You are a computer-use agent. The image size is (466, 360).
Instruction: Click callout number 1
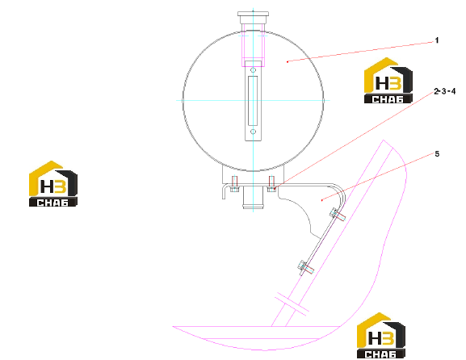point(437,40)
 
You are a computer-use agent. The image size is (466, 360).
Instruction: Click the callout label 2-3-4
point(445,91)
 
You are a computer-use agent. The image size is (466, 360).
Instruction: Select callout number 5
point(437,154)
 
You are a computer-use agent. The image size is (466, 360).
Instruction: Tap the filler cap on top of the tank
point(254,18)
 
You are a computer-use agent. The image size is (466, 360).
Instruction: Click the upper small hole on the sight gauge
point(254,70)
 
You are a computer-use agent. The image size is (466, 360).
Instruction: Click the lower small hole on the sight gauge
point(254,132)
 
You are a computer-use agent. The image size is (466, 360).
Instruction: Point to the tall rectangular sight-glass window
point(253,101)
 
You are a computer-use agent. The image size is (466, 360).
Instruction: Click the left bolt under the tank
point(234,184)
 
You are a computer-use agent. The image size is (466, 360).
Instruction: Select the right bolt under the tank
point(271,184)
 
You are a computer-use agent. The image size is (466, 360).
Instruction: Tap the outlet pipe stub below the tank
point(253,198)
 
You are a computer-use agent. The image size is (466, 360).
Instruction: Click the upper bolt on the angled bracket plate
point(338,215)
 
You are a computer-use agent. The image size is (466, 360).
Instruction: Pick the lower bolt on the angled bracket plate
point(306,268)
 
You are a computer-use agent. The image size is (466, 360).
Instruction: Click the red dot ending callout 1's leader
point(288,62)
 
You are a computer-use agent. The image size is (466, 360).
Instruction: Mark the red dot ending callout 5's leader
point(322,200)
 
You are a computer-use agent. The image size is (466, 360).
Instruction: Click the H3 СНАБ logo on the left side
point(53,183)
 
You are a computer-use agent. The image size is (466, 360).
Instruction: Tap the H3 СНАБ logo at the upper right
point(388,81)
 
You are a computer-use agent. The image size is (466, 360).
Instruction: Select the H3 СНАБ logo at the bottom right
point(381,335)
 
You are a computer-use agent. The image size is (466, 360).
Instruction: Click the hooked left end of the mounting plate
point(224,191)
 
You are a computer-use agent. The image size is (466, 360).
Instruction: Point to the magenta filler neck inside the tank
point(254,45)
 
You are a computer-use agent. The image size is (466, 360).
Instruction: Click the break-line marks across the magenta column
point(292,303)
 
